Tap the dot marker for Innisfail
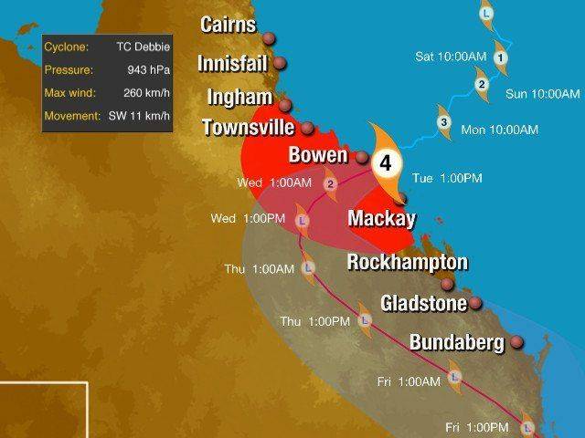281,65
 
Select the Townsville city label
247,128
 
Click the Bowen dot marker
362,156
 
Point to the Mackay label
381,219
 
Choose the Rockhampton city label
408,263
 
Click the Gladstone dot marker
475,304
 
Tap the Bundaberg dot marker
517,343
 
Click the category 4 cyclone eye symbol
387,164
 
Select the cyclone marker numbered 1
500,57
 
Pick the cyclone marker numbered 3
443,123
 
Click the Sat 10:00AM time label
451,57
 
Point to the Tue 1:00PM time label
447,178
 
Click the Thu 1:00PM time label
314,321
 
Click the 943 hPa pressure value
151,68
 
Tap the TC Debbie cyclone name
144,45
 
